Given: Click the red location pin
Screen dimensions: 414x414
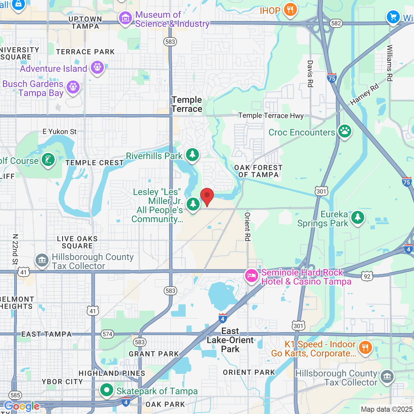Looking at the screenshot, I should click(x=207, y=196).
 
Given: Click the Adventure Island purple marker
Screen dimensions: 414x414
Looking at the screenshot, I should click(x=97, y=68).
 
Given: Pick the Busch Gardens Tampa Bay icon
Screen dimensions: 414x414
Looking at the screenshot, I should click(x=73, y=87).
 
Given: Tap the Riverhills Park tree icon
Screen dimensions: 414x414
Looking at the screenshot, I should click(x=192, y=155).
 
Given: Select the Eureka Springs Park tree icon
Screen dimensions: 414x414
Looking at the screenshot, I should click(x=358, y=217).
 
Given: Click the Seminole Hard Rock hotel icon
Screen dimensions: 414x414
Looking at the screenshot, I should click(x=251, y=276).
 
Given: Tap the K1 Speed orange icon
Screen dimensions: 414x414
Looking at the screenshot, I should click(x=365, y=348).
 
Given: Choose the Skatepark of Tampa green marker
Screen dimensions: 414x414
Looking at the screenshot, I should click(x=106, y=390).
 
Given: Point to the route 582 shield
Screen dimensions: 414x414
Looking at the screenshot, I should click(x=336, y=23).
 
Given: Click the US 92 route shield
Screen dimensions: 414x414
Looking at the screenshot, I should click(x=367, y=276).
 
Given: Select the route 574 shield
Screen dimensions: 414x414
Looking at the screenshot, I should click(x=108, y=334).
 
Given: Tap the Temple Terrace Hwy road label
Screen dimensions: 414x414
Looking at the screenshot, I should click(x=271, y=115).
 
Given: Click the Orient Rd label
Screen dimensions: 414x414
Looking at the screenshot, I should click(x=247, y=227).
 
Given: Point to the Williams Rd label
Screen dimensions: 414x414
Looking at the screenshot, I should click(x=390, y=63).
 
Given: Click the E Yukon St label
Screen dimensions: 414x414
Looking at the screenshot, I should click(x=60, y=132).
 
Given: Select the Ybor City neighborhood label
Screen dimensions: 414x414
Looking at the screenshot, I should click(x=62, y=382).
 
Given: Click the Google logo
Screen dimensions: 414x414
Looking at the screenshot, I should click(x=22, y=406).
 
